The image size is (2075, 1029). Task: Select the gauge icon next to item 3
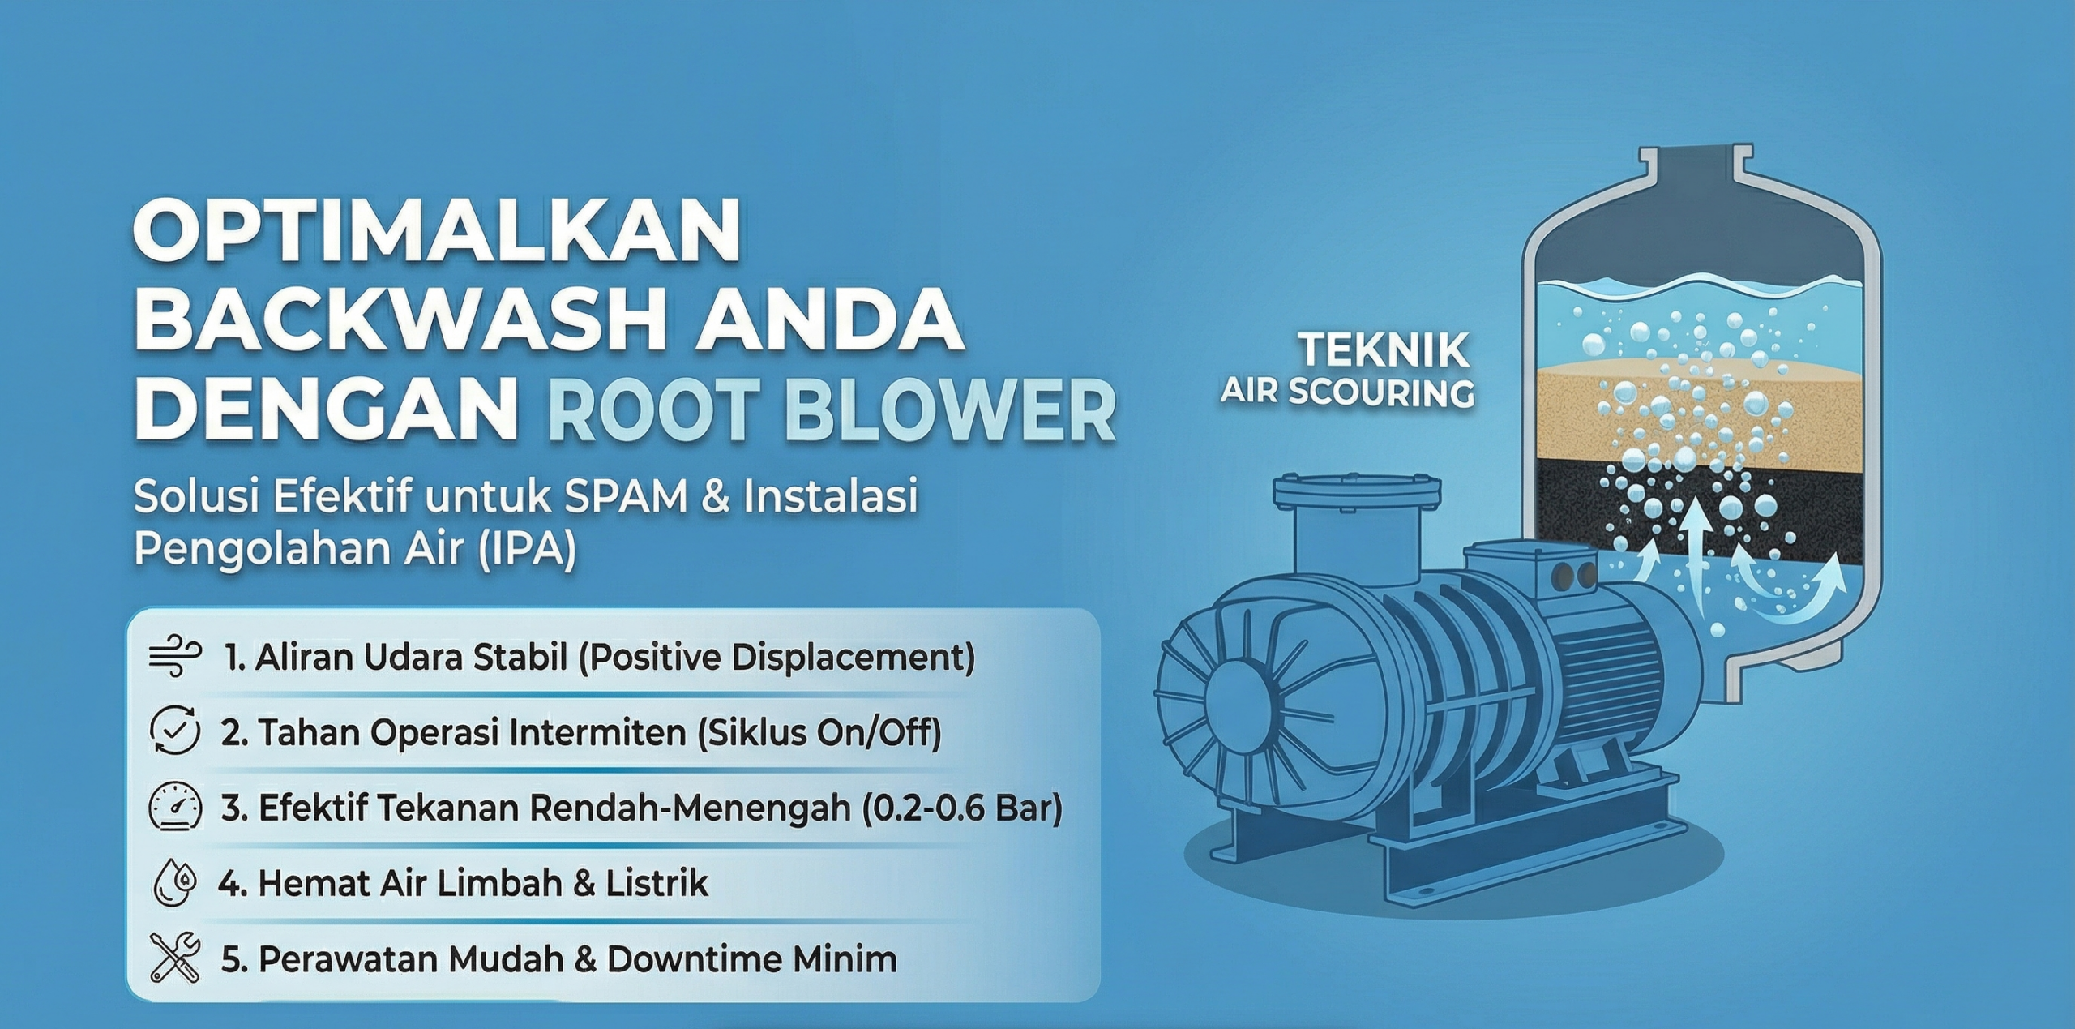[x=175, y=806]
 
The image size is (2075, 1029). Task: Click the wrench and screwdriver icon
[x=175, y=957]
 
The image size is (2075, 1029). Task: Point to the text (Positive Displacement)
[x=777, y=658]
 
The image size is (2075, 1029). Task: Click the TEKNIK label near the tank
[x=1385, y=352]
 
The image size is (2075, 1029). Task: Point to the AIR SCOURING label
[x=1347, y=392]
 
